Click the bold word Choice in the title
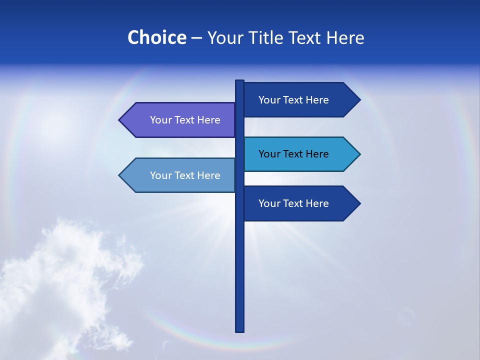(156, 37)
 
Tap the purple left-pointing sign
(180, 120)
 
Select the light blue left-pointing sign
(180, 175)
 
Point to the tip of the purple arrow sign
(120, 120)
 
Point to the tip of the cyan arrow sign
(359, 154)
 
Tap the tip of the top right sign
(359, 100)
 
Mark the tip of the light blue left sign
(120, 175)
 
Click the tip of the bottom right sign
(359, 203)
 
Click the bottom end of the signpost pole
(240, 330)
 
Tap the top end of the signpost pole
(240, 81)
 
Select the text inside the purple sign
(185, 120)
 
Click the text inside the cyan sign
(293, 154)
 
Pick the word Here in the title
(345, 37)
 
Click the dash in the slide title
(196, 38)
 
